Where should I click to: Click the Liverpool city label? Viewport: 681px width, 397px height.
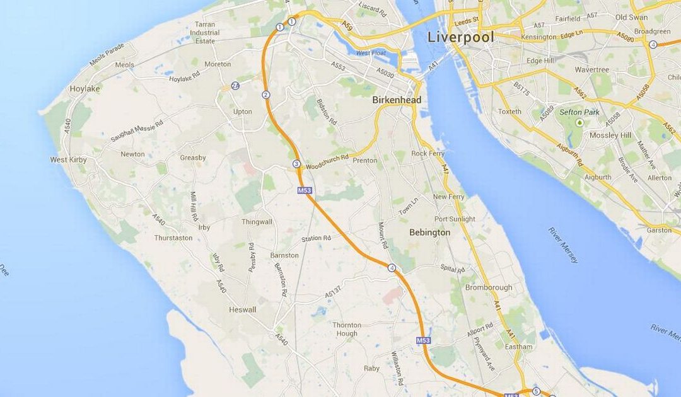pyautogui.click(x=460, y=37)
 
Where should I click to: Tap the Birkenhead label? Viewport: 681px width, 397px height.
pyautogui.click(x=397, y=100)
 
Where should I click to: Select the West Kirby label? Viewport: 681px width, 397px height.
pyautogui.click(x=69, y=160)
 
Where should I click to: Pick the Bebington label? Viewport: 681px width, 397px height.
pyautogui.click(x=430, y=233)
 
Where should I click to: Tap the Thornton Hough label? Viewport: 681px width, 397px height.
pyautogui.click(x=346, y=329)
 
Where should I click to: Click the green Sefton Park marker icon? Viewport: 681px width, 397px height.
pyautogui.click(x=579, y=122)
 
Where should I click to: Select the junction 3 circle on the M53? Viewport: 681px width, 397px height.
pyautogui.click(x=296, y=164)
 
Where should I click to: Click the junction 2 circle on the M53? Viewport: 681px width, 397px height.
pyautogui.click(x=266, y=95)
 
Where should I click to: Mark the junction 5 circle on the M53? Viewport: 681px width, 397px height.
pyautogui.click(x=536, y=391)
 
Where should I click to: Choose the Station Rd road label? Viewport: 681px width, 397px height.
pyautogui.click(x=316, y=239)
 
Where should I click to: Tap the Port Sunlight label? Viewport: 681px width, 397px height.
pyautogui.click(x=455, y=219)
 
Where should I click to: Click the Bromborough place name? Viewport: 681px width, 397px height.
pyautogui.click(x=489, y=287)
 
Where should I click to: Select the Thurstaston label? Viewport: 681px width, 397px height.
pyautogui.click(x=173, y=238)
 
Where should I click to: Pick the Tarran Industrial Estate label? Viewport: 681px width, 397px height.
pyautogui.click(x=205, y=33)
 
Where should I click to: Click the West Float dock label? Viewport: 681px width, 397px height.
pyautogui.click(x=371, y=54)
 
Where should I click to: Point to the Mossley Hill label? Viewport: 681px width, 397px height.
pyautogui.click(x=610, y=135)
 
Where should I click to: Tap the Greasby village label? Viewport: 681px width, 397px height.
pyautogui.click(x=193, y=158)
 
